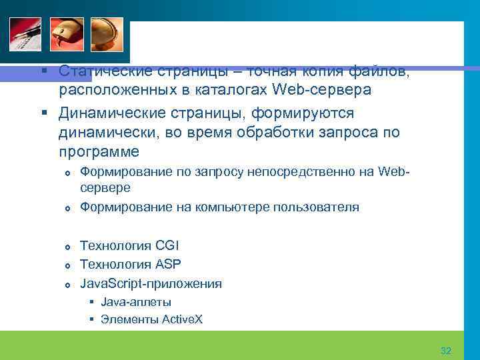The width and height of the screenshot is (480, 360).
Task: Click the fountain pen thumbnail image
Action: coord(25,35)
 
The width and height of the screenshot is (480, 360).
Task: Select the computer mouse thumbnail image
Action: coord(67,35)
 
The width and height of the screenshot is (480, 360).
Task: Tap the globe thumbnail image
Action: coord(107,35)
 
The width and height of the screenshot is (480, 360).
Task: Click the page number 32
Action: coord(446,351)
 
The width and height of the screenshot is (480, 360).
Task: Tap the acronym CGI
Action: coord(167,246)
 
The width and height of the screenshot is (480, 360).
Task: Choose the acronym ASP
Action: coord(168,265)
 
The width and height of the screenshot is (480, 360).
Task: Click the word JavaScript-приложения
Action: coord(151,283)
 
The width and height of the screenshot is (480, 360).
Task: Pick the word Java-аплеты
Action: coord(136,302)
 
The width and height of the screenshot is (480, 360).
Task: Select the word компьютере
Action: coord(234,207)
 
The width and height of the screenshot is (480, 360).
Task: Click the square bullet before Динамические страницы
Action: coord(43,114)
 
